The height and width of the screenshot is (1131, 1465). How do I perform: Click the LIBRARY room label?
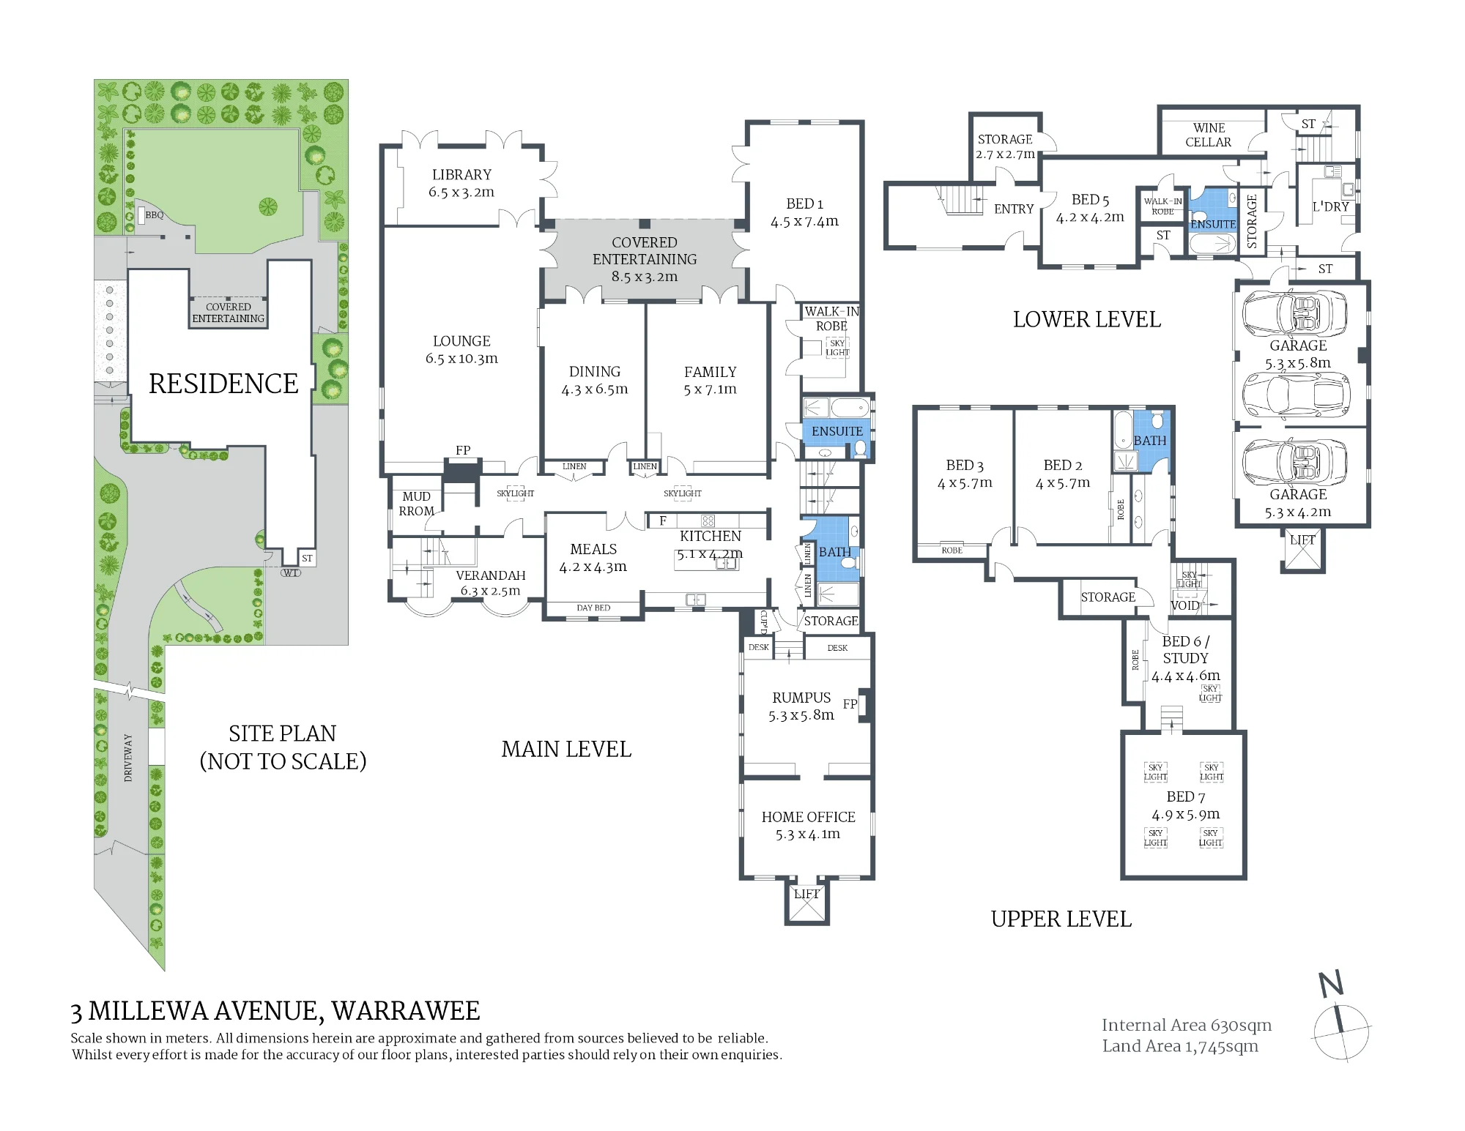pyautogui.click(x=461, y=175)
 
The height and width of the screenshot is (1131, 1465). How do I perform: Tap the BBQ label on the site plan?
pyautogui.click(x=155, y=215)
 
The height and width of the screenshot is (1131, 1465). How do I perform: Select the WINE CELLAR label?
pyautogui.click(x=1209, y=135)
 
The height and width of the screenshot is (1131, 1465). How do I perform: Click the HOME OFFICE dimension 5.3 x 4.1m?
pyautogui.click(x=808, y=835)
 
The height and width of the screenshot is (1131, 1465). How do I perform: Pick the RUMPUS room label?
pyautogui.click(x=801, y=698)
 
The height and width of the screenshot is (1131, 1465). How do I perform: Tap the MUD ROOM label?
pyautogui.click(x=417, y=504)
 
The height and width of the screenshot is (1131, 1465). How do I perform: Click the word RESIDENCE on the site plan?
pyautogui.click(x=223, y=384)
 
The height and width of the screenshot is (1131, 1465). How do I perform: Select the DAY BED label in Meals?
pyautogui.click(x=593, y=608)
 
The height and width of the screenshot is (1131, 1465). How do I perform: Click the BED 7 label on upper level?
pyautogui.click(x=1186, y=796)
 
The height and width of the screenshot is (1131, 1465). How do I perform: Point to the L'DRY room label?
pyautogui.click(x=1330, y=207)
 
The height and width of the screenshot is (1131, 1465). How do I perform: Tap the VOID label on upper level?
pyautogui.click(x=1185, y=605)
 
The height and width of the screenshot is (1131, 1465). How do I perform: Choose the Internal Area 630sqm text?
pyautogui.click(x=1187, y=1026)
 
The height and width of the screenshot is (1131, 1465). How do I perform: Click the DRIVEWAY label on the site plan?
pyautogui.click(x=128, y=758)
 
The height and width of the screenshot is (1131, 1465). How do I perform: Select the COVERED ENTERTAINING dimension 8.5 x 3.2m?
pyautogui.click(x=645, y=277)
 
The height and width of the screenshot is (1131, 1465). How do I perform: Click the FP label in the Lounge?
pyautogui.click(x=463, y=450)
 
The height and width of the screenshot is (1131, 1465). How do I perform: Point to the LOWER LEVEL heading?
pyautogui.click(x=1087, y=319)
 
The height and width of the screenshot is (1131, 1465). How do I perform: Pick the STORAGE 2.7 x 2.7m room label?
pyautogui.click(x=1005, y=146)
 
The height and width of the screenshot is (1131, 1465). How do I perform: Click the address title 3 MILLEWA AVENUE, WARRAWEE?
pyautogui.click(x=275, y=1011)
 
